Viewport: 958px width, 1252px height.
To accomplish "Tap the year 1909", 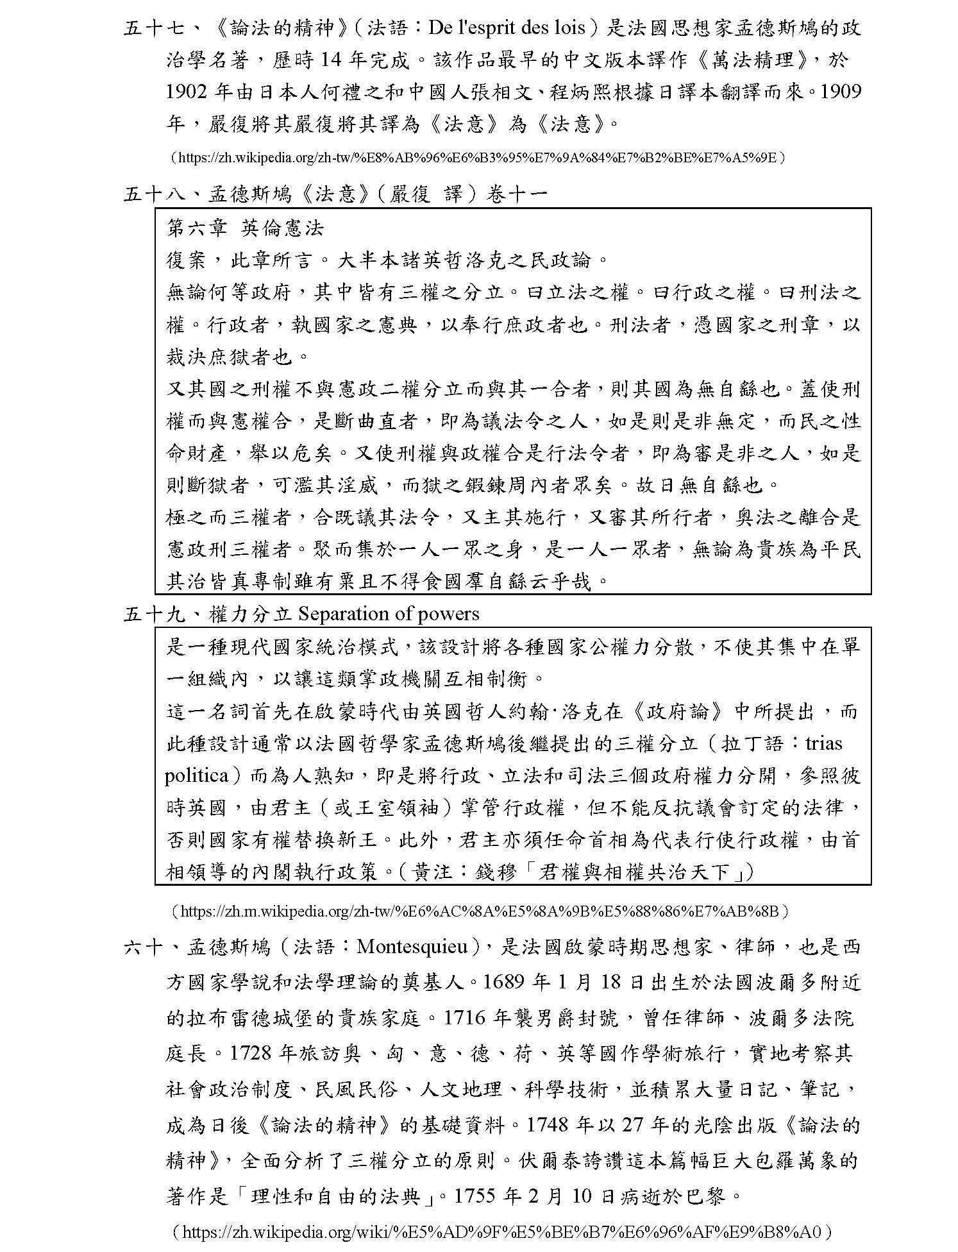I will click(x=841, y=92).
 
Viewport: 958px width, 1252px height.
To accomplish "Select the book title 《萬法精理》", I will click(x=753, y=60).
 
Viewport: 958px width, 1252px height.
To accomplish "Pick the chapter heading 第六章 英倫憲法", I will click(x=246, y=228).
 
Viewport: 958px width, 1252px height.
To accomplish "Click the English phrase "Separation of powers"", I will click(x=389, y=614).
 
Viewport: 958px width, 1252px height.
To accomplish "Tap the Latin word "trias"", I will click(x=823, y=743).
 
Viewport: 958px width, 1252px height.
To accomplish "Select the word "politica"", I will click(x=196, y=775).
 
